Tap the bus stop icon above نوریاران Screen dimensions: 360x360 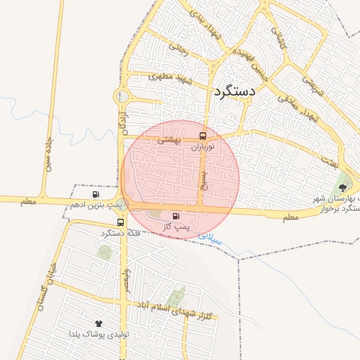click(203, 136)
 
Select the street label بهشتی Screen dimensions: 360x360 click(169, 141)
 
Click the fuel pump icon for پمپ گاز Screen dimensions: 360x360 click(175, 216)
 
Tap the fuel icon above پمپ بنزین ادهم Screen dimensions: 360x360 click(95, 195)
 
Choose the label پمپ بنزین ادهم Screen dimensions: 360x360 click(96, 205)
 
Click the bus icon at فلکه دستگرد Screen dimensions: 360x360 click(122, 219)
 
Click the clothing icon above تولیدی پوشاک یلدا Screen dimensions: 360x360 click(98, 323)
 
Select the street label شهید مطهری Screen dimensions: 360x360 click(169, 79)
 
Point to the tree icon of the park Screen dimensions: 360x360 click(342, 187)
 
